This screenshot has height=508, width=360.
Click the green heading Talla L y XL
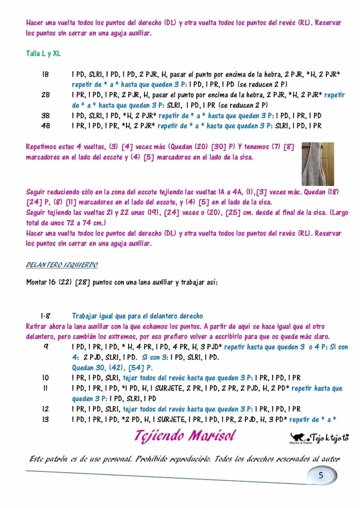(43, 53)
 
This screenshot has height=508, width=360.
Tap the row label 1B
(45, 74)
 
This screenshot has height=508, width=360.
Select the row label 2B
(45, 95)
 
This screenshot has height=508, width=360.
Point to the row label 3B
(45, 116)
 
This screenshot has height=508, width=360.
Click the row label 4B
(45, 126)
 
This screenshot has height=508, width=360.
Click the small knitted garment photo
(317, 164)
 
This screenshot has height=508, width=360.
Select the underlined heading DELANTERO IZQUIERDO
(62, 265)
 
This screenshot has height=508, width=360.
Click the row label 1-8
(45, 316)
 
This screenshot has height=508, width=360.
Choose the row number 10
(45, 378)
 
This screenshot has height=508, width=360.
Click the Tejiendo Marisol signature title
(184, 436)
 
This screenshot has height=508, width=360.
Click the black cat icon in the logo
(297, 437)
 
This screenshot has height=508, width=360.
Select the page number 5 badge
(321, 475)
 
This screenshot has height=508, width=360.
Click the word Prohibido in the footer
(153, 459)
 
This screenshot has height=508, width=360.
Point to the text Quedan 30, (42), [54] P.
(106, 368)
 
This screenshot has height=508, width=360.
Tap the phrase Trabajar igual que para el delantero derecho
(137, 316)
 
